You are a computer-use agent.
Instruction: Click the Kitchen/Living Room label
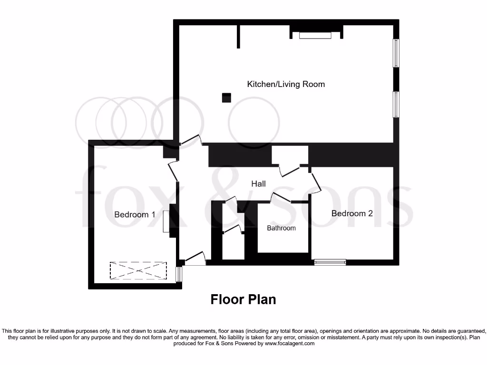click(x=286, y=84)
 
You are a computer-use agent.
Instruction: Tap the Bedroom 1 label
click(x=135, y=214)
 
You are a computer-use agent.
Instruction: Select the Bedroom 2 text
click(x=352, y=213)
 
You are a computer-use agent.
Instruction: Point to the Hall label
click(x=258, y=183)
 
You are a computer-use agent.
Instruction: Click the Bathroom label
click(x=281, y=228)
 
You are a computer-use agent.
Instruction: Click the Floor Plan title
click(x=243, y=299)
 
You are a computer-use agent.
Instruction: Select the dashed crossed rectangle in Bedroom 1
click(x=138, y=270)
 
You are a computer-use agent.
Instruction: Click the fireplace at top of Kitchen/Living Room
click(x=315, y=35)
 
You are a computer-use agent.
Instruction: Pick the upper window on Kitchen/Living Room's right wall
click(x=395, y=53)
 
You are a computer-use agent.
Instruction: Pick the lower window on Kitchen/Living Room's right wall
click(x=395, y=105)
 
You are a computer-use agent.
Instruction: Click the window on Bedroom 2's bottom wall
click(x=330, y=261)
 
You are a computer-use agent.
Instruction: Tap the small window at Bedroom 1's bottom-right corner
click(x=179, y=274)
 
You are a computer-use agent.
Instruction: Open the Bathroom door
click(x=281, y=197)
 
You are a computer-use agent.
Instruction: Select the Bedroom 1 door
click(x=173, y=171)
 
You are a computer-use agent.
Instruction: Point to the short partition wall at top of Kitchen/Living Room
click(x=239, y=37)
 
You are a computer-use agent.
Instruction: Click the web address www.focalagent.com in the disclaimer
click(x=289, y=343)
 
